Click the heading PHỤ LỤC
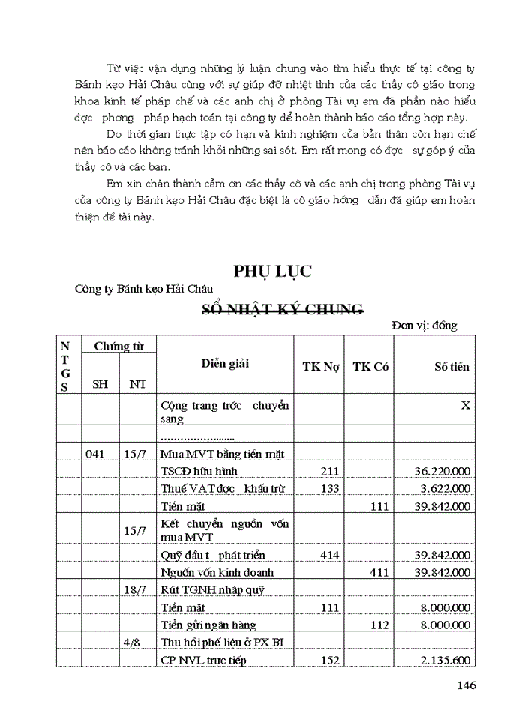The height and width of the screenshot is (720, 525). pos(273,271)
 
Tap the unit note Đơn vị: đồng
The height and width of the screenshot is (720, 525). pos(424,325)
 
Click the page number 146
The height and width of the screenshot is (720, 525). pos(466,685)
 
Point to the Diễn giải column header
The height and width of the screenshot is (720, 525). pos(225,364)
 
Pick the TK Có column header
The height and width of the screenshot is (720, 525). pos(370,367)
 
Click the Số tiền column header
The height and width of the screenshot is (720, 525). pos(451,367)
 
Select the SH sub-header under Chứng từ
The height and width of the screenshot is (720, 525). pos(99,384)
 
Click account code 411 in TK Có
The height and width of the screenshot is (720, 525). pos(379,572)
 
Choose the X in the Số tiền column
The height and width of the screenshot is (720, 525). pos(465,405)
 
